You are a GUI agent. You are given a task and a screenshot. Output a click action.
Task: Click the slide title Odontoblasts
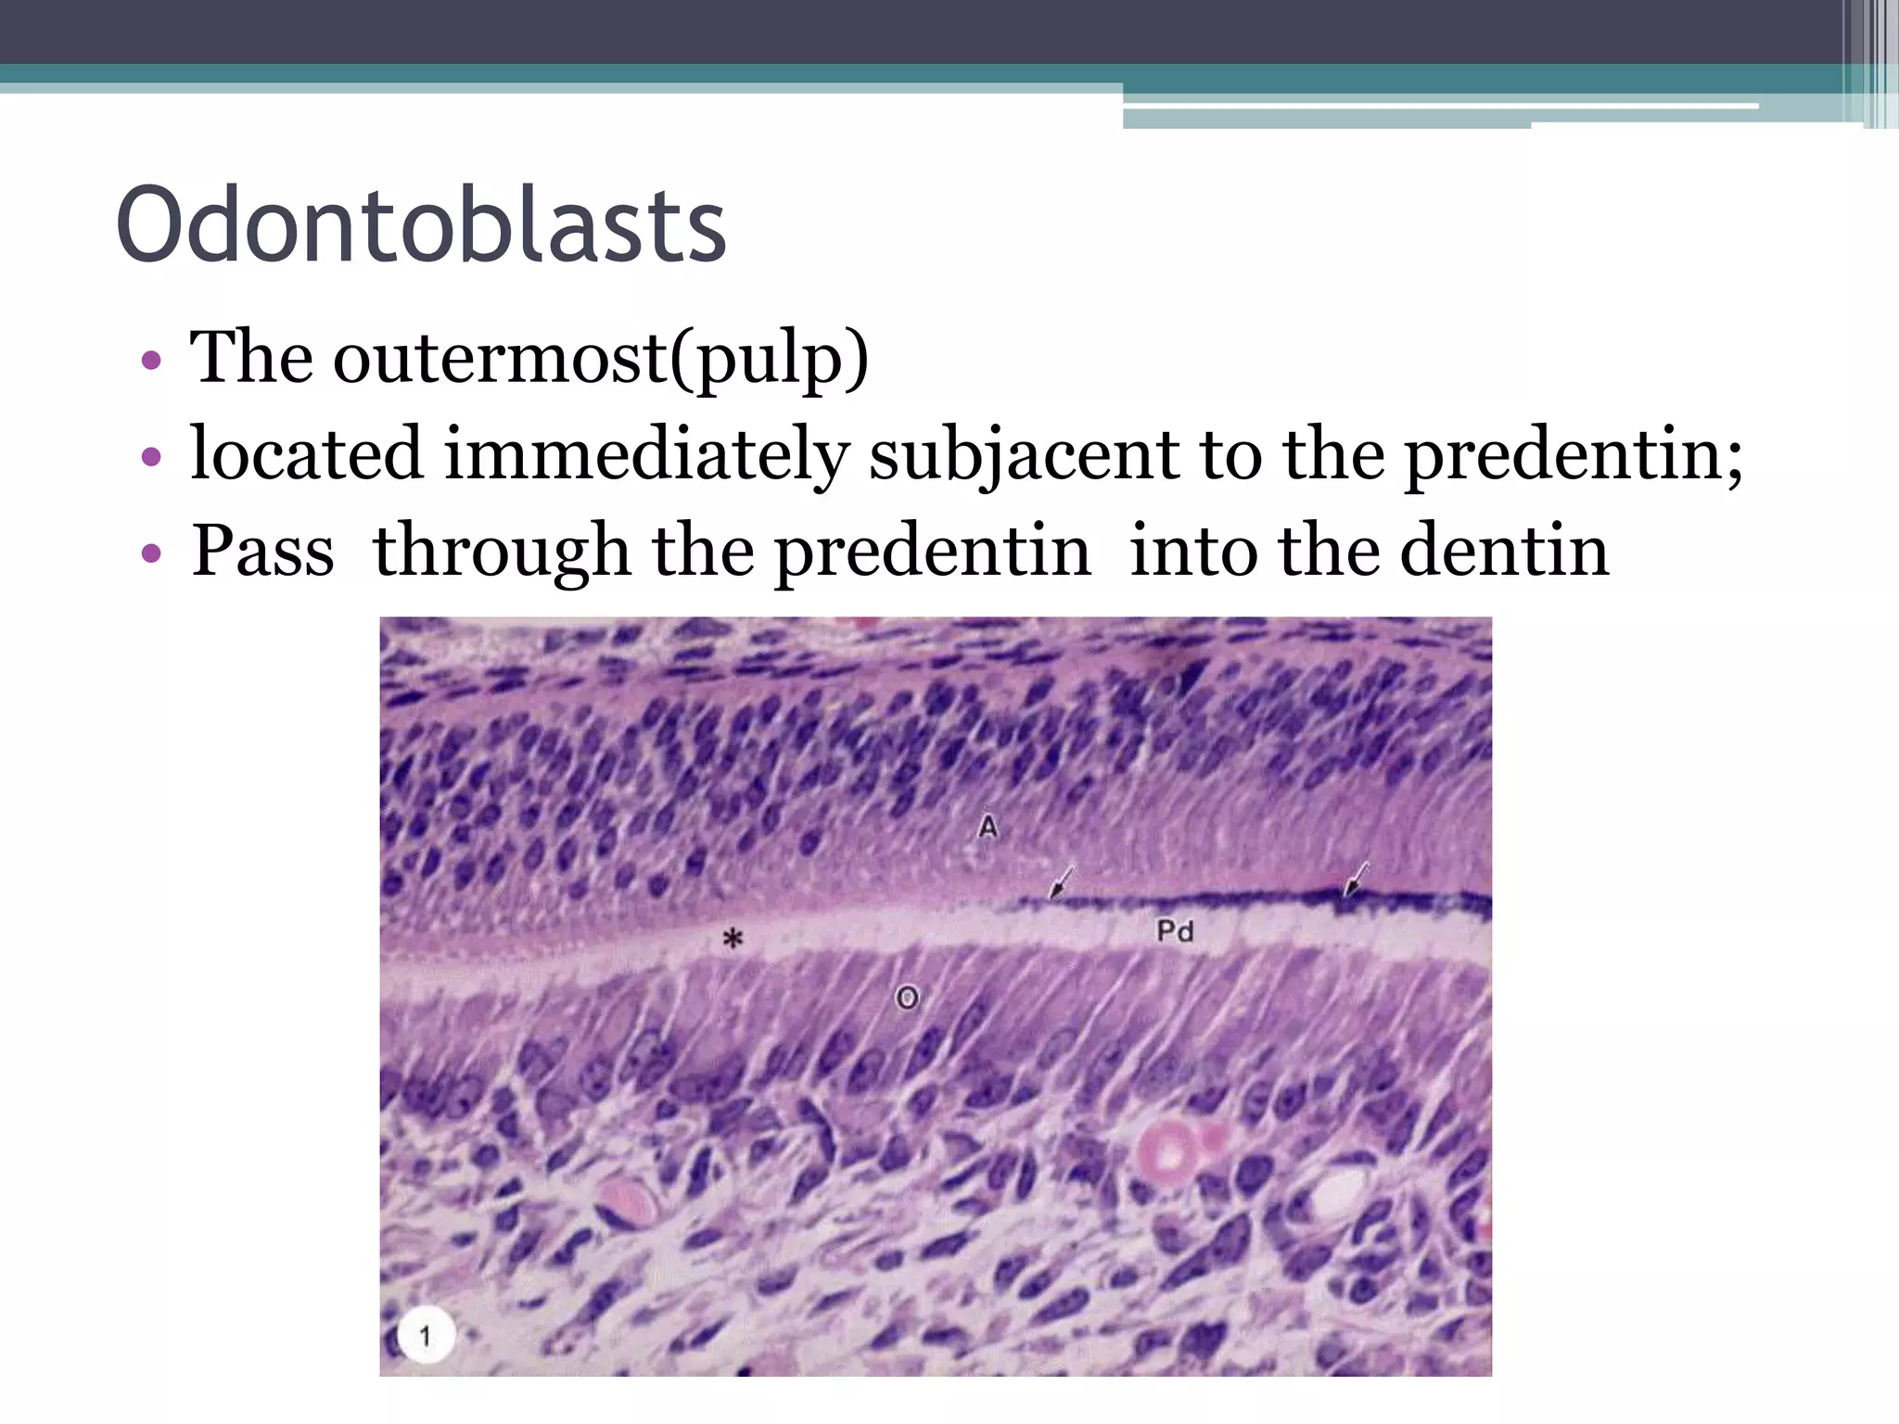pos(421,225)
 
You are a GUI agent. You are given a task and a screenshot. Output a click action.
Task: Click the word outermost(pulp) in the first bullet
pos(601,358)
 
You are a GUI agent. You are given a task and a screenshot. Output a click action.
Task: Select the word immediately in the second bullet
pos(646,454)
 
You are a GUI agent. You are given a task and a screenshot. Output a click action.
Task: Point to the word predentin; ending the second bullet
pos(1573,454)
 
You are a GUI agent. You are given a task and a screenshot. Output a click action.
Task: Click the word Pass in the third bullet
pos(262,551)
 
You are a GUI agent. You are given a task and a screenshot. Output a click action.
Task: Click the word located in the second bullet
pos(307,454)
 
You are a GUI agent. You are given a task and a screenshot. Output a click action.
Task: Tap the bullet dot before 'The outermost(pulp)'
pos(151,361)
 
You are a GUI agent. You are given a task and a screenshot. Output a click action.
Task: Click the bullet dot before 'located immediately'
pos(151,457)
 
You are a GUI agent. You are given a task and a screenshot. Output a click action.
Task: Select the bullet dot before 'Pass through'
pos(151,554)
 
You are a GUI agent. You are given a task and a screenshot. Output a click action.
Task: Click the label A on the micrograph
pos(988,826)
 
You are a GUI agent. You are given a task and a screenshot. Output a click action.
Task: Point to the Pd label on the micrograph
pos(1175,931)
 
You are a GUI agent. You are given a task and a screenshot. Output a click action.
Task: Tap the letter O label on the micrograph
pos(907,998)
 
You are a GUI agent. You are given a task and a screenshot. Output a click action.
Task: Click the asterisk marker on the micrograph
pos(733,939)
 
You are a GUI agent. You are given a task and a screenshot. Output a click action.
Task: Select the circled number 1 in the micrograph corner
pos(426,1336)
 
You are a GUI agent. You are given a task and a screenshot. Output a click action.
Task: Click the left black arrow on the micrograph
pos(1062,882)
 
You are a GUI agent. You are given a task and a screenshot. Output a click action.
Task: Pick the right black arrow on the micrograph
pos(1356,879)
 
